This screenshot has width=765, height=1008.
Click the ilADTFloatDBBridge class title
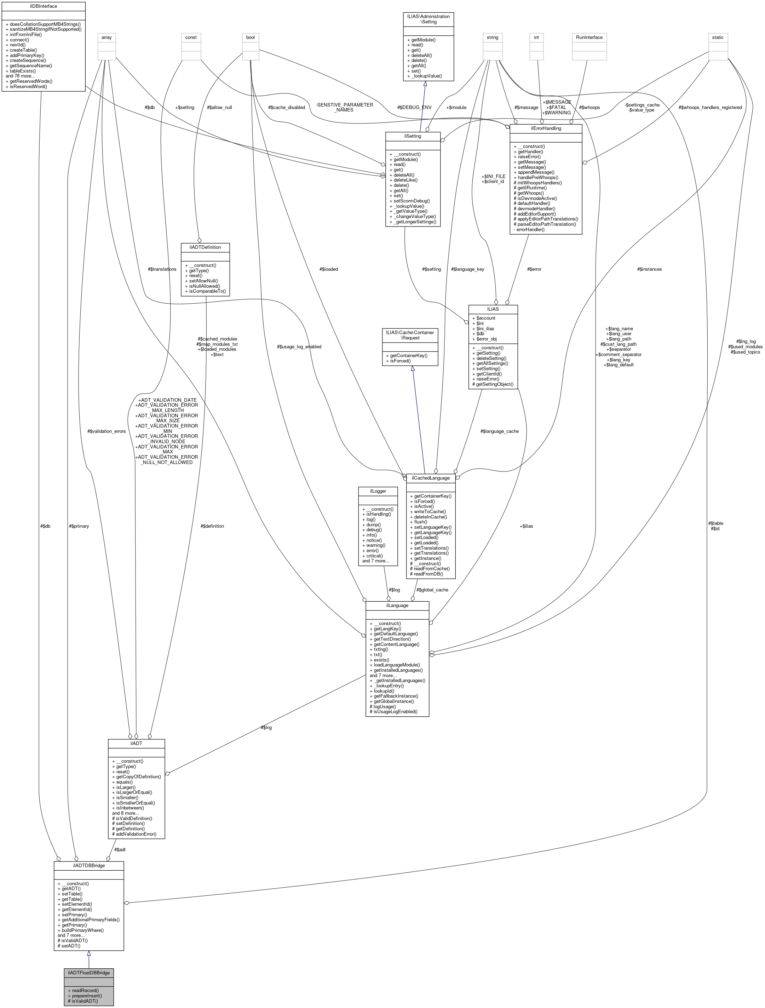[88, 973]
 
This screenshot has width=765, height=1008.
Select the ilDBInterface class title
[43, 6]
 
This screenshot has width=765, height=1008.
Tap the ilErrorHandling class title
[545, 128]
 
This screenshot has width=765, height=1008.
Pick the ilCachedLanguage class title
[431, 478]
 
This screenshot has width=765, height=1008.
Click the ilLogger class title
[378, 491]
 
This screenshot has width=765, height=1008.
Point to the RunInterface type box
[589, 38]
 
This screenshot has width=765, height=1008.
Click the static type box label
[718, 38]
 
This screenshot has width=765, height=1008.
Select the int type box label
[536, 38]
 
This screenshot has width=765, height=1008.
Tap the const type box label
[191, 38]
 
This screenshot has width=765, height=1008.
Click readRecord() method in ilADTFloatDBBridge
[84, 990]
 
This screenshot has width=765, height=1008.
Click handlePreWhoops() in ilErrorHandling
[537, 178]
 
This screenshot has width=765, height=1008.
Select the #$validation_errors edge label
[106, 431]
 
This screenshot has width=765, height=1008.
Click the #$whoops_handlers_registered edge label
[710, 108]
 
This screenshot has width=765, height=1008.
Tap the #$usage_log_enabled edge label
[299, 347]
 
